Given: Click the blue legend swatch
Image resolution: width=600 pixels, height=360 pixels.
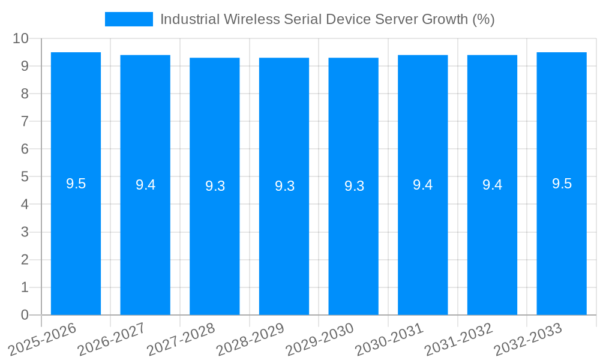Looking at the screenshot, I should click(128, 19).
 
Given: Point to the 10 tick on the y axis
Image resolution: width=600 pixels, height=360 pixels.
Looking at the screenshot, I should click(21, 38).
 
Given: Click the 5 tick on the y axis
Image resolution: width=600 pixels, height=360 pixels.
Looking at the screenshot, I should click(25, 177).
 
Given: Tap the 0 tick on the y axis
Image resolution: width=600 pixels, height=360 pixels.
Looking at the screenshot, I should click(25, 315).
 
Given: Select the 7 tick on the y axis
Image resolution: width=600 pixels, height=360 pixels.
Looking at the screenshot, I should click(25, 121).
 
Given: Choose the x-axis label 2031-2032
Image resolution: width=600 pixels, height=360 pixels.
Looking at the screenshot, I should click(460, 340).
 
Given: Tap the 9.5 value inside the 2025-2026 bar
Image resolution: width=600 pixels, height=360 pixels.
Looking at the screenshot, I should click(76, 184).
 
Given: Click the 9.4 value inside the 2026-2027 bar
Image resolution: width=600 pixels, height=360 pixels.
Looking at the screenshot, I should click(145, 185).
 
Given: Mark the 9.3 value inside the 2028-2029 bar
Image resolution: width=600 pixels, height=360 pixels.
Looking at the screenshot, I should click(284, 186).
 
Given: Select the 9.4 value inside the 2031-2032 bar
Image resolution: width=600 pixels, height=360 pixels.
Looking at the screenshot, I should click(492, 185).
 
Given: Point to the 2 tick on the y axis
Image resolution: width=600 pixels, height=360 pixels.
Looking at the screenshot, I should click(25, 260).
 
